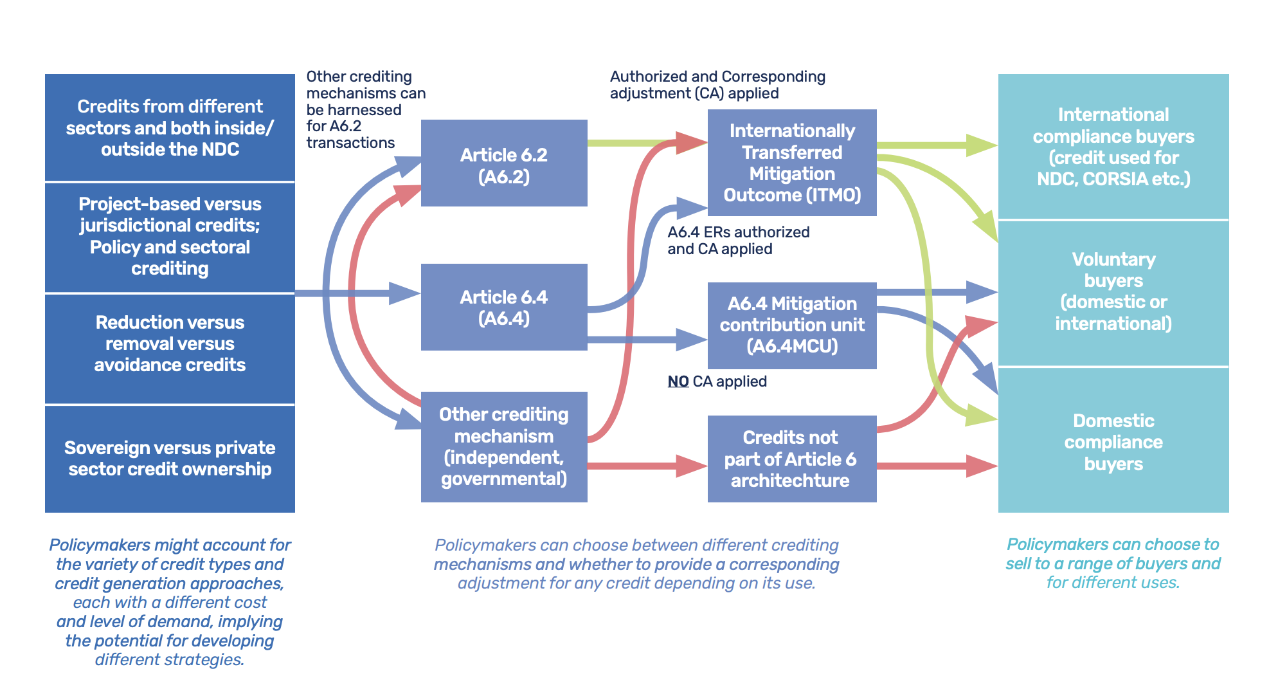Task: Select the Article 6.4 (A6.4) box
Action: coord(503,307)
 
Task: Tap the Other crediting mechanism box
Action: coord(503,446)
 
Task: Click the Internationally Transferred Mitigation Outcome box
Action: coord(791,163)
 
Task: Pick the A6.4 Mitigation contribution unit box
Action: coord(791,325)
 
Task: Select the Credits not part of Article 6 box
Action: coord(791,459)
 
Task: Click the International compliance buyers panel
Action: coord(1113,147)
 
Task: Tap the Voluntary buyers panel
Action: coord(1113,291)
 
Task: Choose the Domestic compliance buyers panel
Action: coord(1113,441)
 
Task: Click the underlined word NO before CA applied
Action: coord(678,381)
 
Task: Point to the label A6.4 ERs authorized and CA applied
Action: coord(738,241)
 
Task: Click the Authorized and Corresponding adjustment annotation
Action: coord(717,85)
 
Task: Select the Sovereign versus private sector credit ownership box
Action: coord(170,458)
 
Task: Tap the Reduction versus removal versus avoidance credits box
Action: coord(170,343)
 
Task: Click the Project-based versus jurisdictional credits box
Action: coord(170,236)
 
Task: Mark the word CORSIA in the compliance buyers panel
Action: coord(1115,179)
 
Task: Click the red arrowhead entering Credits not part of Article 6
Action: coord(693,465)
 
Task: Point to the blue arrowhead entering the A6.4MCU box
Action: coord(693,339)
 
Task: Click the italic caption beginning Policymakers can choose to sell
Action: coord(1113,563)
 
